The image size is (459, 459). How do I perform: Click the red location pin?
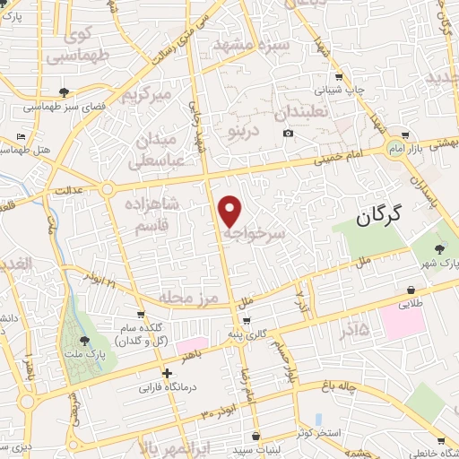pyautogui.click(x=230, y=210)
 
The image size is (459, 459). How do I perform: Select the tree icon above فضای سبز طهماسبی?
pyautogui.click(x=64, y=92)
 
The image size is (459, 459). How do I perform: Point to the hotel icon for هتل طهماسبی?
pyautogui.click(x=21, y=136)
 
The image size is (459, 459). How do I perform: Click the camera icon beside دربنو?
pyautogui.click(x=288, y=134)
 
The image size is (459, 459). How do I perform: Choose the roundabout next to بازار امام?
pyautogui.click(x=394, y=148)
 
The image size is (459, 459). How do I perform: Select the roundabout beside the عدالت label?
pyautogui.click(x=107, y=189)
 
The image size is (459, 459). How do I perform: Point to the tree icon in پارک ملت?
pyautogui.click(x=83, y=340)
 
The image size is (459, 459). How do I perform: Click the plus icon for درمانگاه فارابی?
pyautogui.click(x=167, y=374)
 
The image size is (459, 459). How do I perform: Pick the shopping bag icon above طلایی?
pyautogui.click(x=411, y=290)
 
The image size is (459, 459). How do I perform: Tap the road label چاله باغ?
pyautogui.click(x=344, y=386)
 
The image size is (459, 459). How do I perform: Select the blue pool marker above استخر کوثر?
pyautogui.click(x=319, y=419)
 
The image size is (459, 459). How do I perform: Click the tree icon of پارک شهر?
pyautogui.click(x=438, y=249)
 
